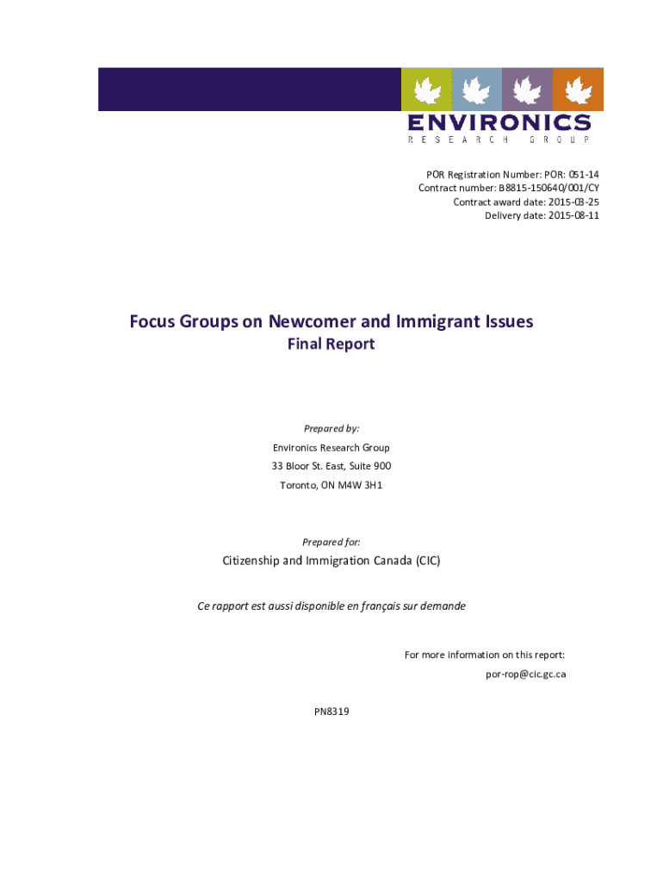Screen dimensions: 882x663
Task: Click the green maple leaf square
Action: pyautogui.click(x=426, y=89)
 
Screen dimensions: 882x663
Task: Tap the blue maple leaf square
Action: pyautogui.click(x=476, y=89)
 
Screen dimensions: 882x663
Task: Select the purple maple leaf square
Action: pyautogui.click(x=527, y=89)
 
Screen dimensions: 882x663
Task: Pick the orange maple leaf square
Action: pyautogui.click(x=578, y=89)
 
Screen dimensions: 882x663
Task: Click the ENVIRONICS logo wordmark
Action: pyautogui.click(x=499, y=122)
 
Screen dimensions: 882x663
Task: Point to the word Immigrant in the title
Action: pyautogui.click(x=436, y=322)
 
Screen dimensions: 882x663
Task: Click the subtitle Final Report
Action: pyautogui.click(x=331, y=345)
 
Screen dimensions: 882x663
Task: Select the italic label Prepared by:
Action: pyautogui.click(x=331, y=428)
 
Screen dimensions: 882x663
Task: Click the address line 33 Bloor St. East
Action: pyautogui.click(x=310, y=466)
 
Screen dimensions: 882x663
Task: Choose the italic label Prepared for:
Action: pyautogui.click(x=331, y=542)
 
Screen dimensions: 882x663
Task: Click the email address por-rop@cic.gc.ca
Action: pyautogui.click(x=525, y=674)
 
